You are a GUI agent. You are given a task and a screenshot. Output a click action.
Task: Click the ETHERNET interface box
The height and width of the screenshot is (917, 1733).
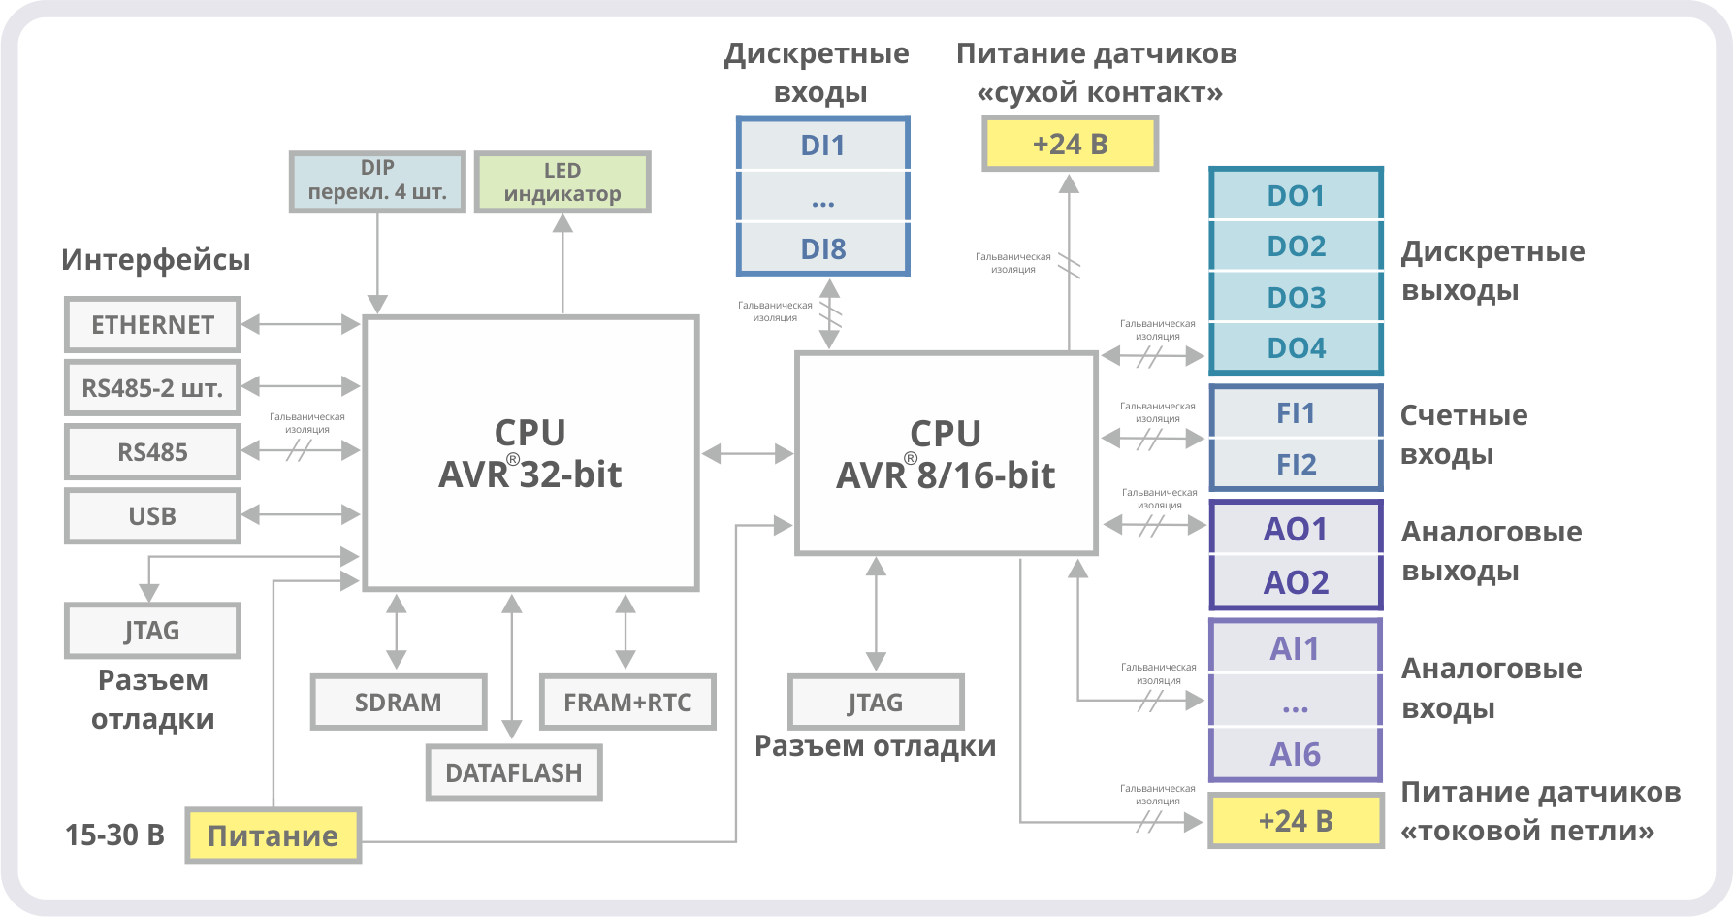(x=152, y=325)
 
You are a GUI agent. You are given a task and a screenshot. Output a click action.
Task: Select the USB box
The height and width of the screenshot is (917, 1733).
(x=152, y=516)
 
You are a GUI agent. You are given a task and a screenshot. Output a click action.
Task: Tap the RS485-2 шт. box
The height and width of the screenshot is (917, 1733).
(x=152, y=388)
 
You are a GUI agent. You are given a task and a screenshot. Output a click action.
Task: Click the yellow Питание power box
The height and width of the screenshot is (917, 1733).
(x=273, y=835)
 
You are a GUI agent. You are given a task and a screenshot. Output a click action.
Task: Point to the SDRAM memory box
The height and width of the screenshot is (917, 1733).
(x=398, y=703)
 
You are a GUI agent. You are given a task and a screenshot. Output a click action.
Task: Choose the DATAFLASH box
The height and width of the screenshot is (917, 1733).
(x=514, y=773)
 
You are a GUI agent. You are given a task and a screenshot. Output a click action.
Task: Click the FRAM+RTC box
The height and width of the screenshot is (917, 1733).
(x=627, y=703)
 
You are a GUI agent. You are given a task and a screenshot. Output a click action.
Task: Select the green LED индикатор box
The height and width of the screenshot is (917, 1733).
(x=562, y=182)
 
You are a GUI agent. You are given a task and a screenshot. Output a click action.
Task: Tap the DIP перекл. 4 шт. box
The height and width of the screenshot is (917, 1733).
(x=377, y=181)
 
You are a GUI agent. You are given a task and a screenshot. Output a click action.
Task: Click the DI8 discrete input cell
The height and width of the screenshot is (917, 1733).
(x=822, y=249)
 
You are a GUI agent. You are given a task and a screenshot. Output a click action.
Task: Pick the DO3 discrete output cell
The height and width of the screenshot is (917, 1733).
(x=1296, y=297)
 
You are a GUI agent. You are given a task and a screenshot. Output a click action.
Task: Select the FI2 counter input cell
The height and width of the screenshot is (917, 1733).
(x=1296, y=465)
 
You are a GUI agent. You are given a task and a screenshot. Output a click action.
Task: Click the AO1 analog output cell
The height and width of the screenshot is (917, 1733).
(x=1296, y=530)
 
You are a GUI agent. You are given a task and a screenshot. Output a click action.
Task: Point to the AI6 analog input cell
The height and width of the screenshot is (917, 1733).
(x=1296, y=754)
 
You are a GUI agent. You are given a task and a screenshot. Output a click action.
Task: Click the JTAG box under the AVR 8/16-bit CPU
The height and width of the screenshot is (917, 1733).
(x=876, y=703)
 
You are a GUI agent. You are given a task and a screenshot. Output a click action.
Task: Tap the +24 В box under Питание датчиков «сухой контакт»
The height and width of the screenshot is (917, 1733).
(x=1070, y=145)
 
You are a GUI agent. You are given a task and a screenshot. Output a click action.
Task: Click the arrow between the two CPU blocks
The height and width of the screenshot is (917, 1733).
(x=747, y=453)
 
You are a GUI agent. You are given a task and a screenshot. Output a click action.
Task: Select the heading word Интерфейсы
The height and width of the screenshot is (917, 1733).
(x=155, y=260)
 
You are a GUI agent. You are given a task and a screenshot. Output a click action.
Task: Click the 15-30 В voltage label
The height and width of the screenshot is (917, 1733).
(x=114, y=835)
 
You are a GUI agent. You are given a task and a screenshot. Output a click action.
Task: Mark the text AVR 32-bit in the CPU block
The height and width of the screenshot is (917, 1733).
(x=530, y=475)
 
